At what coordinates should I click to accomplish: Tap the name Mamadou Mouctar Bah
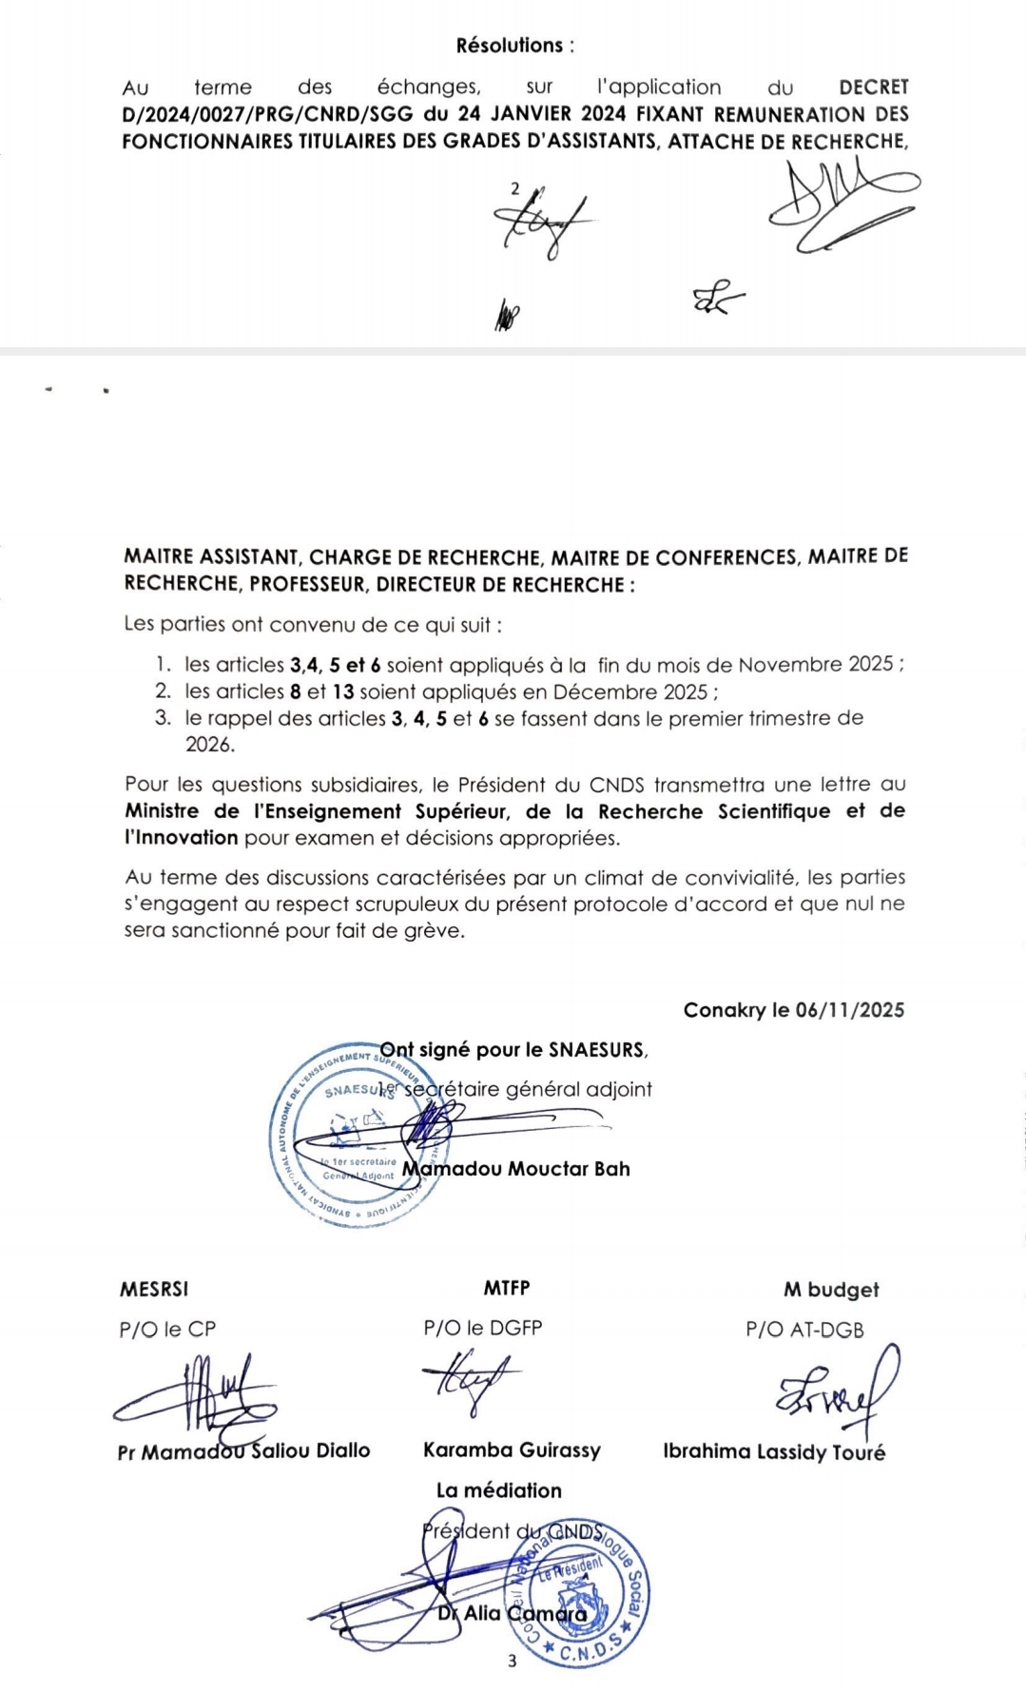point(516,1169)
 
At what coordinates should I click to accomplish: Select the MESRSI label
point(154,1290)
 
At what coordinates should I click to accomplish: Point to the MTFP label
point(506,1289)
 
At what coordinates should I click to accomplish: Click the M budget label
point(831,1291)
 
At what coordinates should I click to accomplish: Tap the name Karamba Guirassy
point(512,1450)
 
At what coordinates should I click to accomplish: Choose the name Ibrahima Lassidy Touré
point(774,1452)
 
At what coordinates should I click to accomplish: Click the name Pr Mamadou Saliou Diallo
point(243,1451)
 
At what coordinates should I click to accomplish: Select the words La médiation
point(499,1490)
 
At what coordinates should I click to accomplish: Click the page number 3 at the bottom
point(513,1662)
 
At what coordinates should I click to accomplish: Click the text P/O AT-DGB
point(804,1330)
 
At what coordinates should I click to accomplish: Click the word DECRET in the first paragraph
point(873,88)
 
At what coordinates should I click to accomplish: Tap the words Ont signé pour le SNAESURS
point(513,1050)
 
